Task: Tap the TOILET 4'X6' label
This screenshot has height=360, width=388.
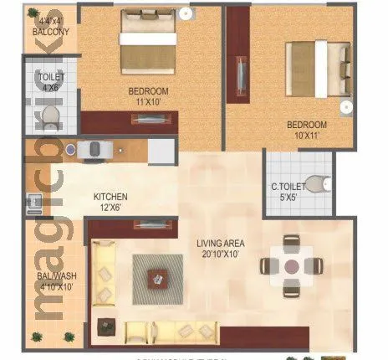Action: click(52, 82)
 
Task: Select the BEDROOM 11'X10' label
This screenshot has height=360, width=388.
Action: click(149, 95)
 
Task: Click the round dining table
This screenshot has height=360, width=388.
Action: click(291, 266)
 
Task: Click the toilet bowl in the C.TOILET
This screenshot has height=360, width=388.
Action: click(316, 183)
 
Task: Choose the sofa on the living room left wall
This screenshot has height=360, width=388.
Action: click(105, 273)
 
